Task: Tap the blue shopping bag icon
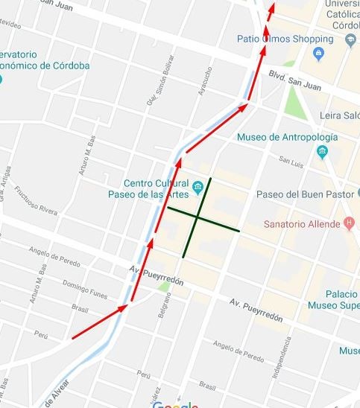[318, 53]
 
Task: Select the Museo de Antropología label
[287, 137]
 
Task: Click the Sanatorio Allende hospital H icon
[349, 223]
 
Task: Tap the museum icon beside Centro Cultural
[198, 186]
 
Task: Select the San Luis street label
[292, 159]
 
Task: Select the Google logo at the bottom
[175, 404]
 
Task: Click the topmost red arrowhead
[272, 7]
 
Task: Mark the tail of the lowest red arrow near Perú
[72, 339]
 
